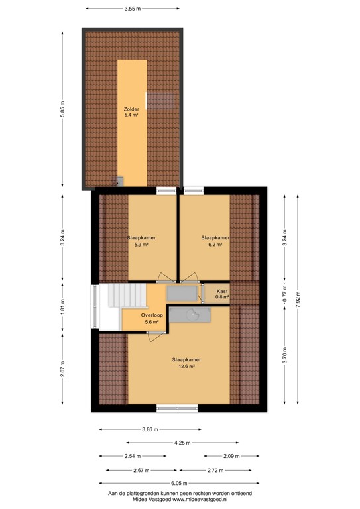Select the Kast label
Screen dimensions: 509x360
(222, 291)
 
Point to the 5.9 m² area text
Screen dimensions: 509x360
(141, 244)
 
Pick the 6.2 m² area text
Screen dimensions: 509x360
(215, 244)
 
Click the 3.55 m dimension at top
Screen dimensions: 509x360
(133, 9)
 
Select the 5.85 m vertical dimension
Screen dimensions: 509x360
(63, 109)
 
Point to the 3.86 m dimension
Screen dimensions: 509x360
(150, 429)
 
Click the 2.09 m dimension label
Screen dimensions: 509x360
(231, 456)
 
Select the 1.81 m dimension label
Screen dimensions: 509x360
(63, 306)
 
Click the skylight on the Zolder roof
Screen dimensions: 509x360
(160, 101)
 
